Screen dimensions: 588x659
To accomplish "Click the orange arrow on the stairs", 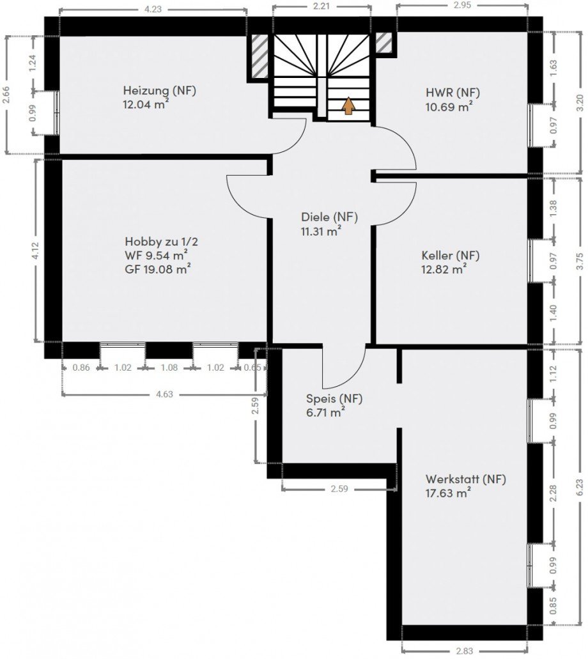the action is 348,106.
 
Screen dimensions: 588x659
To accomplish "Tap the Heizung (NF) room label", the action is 160,90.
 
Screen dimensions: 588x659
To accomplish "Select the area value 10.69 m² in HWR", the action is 449,106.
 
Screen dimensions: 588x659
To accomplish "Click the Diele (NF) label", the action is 330,217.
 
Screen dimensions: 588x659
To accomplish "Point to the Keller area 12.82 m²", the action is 444,269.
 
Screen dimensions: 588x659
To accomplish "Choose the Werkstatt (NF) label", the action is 466,479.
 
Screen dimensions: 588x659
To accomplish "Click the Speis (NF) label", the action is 334,398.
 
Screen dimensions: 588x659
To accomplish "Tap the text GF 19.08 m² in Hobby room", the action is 158,269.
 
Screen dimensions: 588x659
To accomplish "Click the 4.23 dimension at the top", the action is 153,9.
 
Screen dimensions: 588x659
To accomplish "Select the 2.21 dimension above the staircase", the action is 321,6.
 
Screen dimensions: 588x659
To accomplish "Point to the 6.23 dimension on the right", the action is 580,488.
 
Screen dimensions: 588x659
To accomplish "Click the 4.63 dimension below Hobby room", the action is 164,394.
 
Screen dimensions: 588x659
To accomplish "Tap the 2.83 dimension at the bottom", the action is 465,651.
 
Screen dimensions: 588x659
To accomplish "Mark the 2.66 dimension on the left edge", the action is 6,95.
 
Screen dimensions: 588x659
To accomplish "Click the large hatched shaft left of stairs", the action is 259,56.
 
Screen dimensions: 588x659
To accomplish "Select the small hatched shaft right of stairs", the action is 383,43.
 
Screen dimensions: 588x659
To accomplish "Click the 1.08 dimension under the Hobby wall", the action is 169,368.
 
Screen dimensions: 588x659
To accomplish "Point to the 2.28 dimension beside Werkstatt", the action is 553,493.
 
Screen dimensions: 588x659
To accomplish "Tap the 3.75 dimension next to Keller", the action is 580,261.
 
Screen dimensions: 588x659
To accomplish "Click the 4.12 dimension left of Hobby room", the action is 35,251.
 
